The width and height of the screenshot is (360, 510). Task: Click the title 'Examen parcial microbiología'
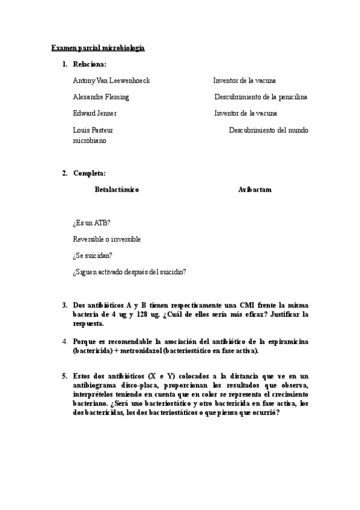click(x=98, y=48)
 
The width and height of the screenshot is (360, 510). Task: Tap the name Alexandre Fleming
click(x=100, y=97)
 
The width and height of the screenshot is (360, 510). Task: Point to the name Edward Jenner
click(x=94, y=113)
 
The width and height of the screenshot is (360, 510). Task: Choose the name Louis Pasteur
click(x=93, y=130)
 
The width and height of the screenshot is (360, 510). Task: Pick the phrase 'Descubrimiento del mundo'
click(x=268, y=130)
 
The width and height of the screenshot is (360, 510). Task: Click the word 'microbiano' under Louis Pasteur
click(x=89, y=140)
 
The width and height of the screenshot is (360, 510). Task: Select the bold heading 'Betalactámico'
click(x=117, y=189)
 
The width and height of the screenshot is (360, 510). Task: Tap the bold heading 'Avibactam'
click(x=254, y=189)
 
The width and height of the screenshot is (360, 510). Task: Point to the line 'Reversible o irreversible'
click(x=106, y=239)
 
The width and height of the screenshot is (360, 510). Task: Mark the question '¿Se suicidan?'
click(x=92, y=255)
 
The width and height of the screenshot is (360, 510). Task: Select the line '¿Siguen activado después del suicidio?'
click(x=129, y=271)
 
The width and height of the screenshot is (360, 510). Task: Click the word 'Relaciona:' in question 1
click(x=90, y=64)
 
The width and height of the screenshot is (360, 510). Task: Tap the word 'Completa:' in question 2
click(x=89, y=173)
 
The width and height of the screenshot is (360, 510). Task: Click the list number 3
click(x=64, y=305)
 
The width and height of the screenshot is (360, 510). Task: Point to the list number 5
click(x=64, y=376)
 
